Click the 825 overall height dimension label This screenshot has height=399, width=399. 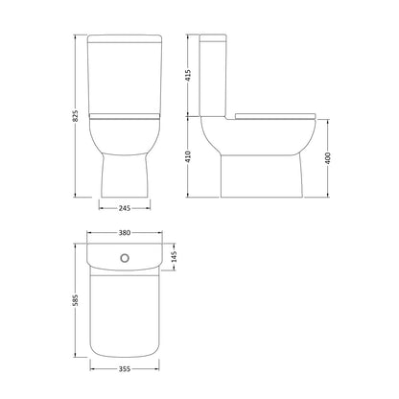coord(76,116)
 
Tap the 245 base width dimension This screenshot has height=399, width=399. coord(125,208)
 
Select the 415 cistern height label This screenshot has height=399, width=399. coord(188,75)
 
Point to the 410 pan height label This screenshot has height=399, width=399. coord(188,156)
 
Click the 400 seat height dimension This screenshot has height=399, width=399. coord(328,158)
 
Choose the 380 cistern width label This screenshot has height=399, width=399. coord(125,233)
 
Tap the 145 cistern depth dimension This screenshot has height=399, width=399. coord(174,257)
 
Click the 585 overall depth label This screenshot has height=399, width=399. coord(76,300)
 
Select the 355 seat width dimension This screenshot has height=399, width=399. coord(125,369)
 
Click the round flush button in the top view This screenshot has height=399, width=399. coord(125,258)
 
